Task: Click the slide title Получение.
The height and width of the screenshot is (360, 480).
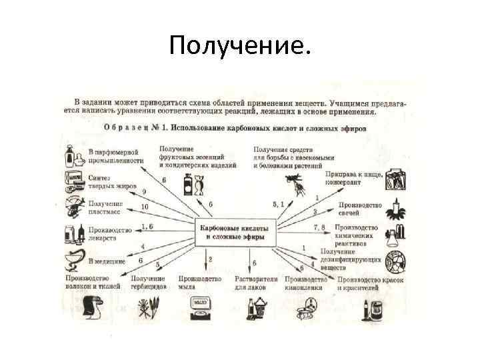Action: (240, 46)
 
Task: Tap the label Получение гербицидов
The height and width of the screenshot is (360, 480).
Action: (148, 282)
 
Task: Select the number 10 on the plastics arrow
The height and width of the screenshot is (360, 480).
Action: (145, 207)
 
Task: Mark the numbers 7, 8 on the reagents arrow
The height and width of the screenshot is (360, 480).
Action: (319, 227)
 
